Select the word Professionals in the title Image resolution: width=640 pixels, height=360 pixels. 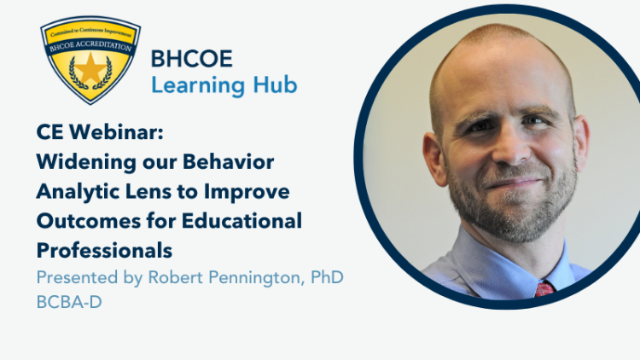coord(104,250)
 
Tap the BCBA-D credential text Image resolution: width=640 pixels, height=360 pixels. coord(69,302)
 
